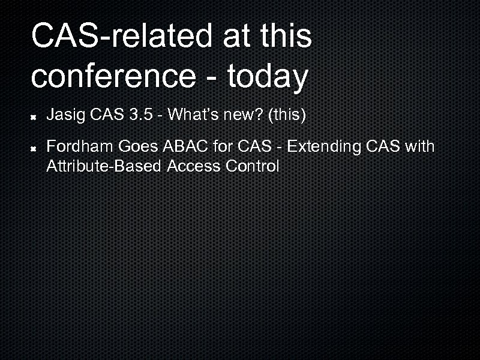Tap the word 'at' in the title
click(x=238, y=37)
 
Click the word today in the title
click(x=266, y=76)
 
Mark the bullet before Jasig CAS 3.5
click(x=36, y=115)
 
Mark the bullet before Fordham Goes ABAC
click(x=36, y=147)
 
